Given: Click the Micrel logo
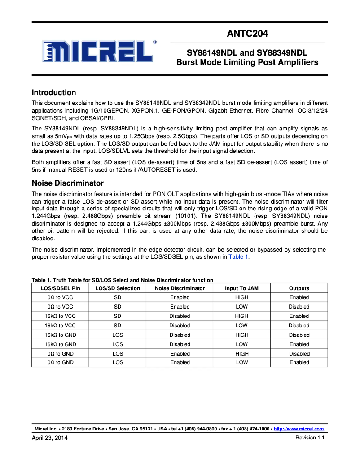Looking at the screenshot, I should pyautogui.click(x=98, y=52).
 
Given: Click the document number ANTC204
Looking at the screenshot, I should pyautogui.click(x=247, y=33).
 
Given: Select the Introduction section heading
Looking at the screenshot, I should pyautogui.click(x=53, y=93).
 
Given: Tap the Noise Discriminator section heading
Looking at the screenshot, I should pyautogui.click(x=67, y=183).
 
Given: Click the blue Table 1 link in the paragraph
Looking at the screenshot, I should pyautogui.click(x=238, y=257).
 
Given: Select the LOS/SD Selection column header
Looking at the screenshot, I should pyautogui.click(x=118, y=288).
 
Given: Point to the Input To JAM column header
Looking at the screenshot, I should pyautogui.click(x=241, y=288).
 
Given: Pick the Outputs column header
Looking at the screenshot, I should pyautogui.click(x=299, y=288).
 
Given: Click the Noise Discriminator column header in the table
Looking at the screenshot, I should pyautogui.click(x=180, y=288).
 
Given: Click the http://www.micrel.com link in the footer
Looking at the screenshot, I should pyautogui.click(x=299, y=429).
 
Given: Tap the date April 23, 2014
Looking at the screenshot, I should pyautogui.click(x=49, y=438).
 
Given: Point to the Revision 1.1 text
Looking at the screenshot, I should pyautogui.click(x=309, y=438).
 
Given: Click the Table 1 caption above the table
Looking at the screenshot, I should pyautogui.click(x=122, y=280).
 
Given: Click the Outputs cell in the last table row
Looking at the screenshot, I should pyautogui.click(x=299, y=362).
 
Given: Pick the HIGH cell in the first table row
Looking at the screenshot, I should pyautogui.click(x=241, y=297).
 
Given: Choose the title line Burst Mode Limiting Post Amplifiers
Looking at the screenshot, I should pyautogui.click(x=247, y=62).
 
